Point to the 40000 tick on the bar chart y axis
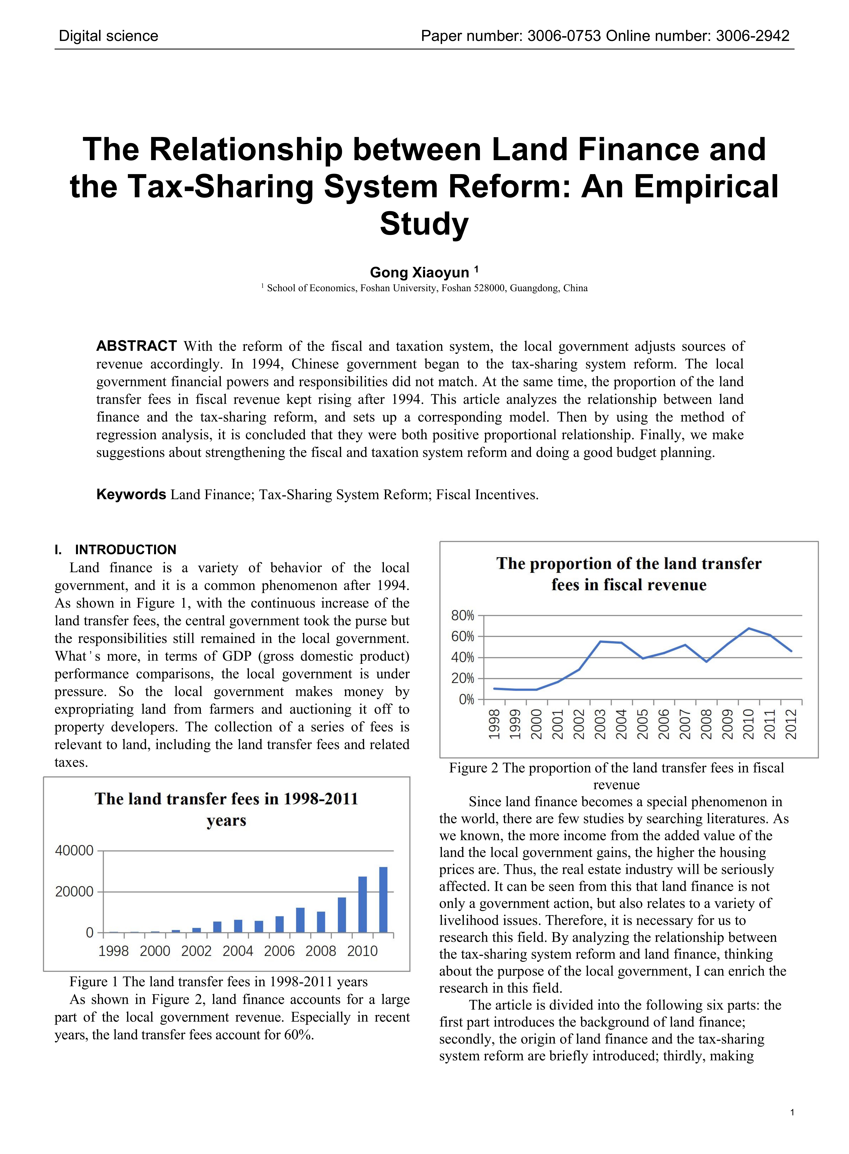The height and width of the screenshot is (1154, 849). [74, 851]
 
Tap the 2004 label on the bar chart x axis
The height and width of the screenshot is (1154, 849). [238, 951]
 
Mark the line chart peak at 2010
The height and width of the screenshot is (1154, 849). [749, 628]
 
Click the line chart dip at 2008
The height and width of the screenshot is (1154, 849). [707, 661]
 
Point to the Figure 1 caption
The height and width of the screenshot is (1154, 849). [218, 981]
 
